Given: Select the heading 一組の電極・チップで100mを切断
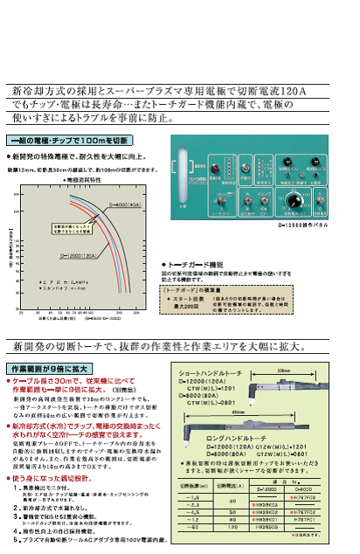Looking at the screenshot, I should pos(69,140).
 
